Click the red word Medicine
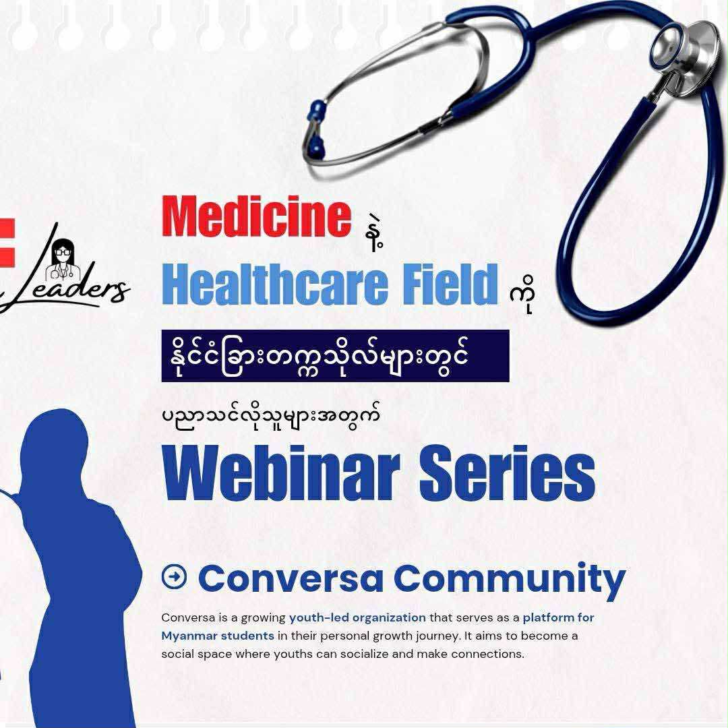tap(256, 216)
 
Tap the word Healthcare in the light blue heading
tap(275, 284)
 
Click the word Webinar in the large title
tap(281, 473)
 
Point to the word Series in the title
tap(508, 473)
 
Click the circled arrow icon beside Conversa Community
tap(174, 576)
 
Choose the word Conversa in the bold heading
tap(291, 578)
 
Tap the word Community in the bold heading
tap(510, 580)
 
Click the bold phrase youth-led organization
tap(357, 617)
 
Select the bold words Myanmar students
tap(218, 636)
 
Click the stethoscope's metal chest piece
tap(684, 49)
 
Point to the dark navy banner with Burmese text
tap(335, 356)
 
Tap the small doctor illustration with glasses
tap(63, 260)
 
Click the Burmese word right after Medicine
tap(375, 235)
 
